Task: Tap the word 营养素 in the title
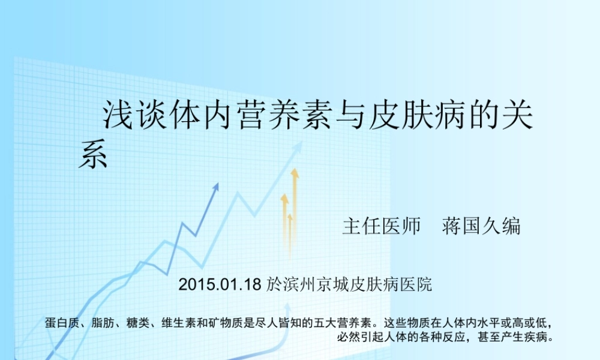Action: [x=282, y=116]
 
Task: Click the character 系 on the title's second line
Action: [x=93, y=155]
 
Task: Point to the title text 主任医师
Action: [x=382, y=226]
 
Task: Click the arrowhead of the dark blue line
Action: [x=215, y=187]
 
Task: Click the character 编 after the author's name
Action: [x=511, y=226]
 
